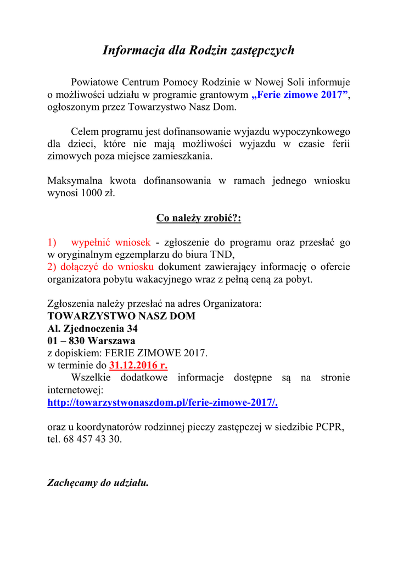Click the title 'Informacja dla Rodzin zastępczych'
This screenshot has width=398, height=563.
pos(199,51)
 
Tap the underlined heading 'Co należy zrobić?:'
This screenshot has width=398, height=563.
pos(199,218)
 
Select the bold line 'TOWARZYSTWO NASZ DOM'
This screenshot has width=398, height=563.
pos(121,316)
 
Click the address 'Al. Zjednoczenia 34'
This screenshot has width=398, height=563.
pos(93,329)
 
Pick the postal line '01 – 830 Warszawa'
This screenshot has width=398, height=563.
pos(92,341)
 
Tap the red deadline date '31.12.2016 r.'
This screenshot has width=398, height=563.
pos(139,365)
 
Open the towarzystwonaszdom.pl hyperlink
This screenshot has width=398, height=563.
pos(162,402)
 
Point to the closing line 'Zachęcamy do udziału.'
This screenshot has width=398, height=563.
pos(98,483)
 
